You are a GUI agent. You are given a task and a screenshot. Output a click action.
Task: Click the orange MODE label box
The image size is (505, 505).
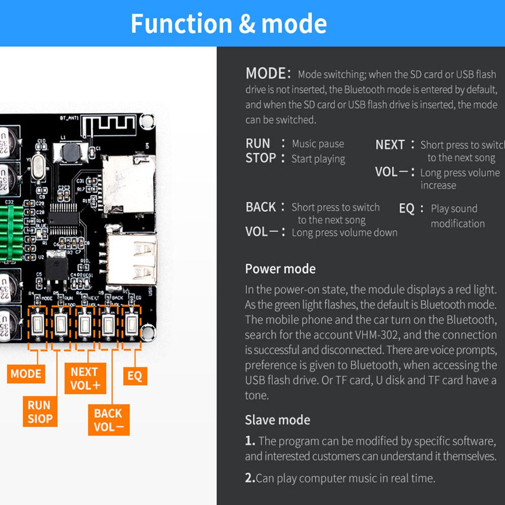[x=26, y=374]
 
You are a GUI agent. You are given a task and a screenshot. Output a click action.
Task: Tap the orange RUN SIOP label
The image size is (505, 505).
[x=40, y=412]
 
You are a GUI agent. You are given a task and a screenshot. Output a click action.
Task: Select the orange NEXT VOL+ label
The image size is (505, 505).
[x=85, y=378]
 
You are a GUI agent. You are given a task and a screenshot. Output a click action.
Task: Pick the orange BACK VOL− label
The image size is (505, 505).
[x=108, y=420]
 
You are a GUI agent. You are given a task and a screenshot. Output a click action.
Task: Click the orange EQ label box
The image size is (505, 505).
[x=135, y=376]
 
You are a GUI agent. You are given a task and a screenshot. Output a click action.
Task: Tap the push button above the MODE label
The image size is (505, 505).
[x=37, y=324]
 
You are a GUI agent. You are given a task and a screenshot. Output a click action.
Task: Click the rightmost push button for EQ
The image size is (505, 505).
[x=132, y=324]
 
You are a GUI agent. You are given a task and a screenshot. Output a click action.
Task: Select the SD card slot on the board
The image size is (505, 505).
[x=128, y=184]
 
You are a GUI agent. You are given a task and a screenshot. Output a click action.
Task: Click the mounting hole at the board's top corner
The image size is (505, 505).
[x=147, y=121]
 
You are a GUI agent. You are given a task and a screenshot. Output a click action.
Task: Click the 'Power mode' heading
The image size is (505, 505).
[x=280, y=269]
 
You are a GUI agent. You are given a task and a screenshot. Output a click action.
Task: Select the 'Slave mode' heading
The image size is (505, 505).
[x=277, y=420]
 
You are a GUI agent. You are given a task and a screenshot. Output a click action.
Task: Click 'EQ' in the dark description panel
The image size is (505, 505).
[x=407, y=209]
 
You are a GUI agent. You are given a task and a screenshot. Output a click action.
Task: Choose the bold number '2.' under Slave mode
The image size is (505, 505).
[x=250, y=478]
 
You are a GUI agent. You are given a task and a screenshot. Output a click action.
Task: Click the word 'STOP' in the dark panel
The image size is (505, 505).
[x=261, y=158]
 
